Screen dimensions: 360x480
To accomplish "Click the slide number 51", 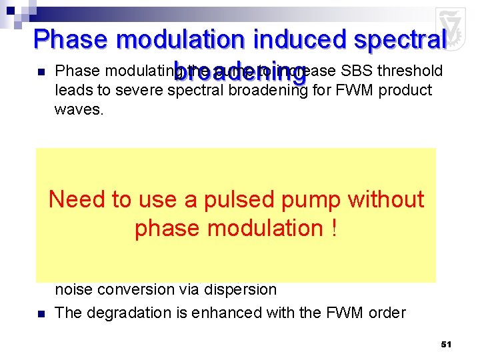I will point(446,344).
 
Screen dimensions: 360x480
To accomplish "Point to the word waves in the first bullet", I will point(79,109).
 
